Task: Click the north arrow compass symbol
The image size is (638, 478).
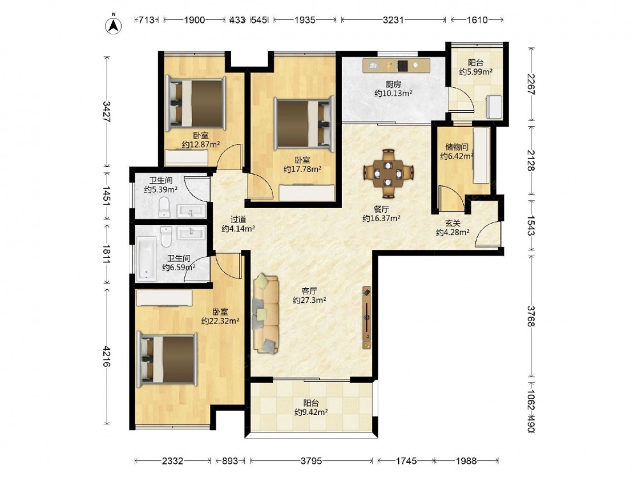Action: click(x=114, y=24)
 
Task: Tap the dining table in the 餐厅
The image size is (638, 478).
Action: click(x=389, y=173)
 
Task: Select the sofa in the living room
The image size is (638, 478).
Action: click(x=266, y=314)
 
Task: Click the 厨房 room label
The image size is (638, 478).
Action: click(x=394, y=85)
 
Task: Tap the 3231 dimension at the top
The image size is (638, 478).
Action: click(x=393, y=20)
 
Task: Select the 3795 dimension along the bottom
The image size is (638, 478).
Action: click(x=311, y=461)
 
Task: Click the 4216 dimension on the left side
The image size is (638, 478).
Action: click(x=107, y=356)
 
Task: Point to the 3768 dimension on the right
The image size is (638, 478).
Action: click(x=531, y=316)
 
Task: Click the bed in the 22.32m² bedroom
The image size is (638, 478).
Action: click(x=167, y=359)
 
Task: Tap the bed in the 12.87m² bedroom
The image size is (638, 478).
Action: click(x=195, y=103)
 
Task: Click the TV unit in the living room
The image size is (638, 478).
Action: click(x=367, y=318)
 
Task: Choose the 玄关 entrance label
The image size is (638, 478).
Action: click(x=452, y=224)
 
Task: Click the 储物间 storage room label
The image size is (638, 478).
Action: click(x=457, y=147)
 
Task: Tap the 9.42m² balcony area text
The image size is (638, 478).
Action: click(x=311, y=412)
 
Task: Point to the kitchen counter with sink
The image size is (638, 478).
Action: click(x=396, y=66)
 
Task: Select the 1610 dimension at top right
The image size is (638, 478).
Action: click(x=477, y=20)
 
